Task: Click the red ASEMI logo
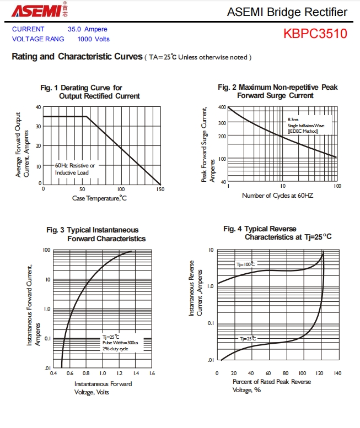tap(33, 11)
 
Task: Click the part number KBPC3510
tap(315, 34)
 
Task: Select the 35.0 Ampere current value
tap(88, 29)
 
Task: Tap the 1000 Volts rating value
tap(94, 39)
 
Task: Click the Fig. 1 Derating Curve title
tap(90, 92)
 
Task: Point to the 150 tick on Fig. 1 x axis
tap(160, 189)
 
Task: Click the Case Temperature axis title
tap(99, 198)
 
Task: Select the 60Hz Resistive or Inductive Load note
tap(75, 169)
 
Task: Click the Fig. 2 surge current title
tap(277, 91)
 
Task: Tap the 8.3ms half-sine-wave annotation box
tap(307, 125)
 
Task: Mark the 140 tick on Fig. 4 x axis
tap(337, 373)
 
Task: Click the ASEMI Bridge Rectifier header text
tap(287, 12)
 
